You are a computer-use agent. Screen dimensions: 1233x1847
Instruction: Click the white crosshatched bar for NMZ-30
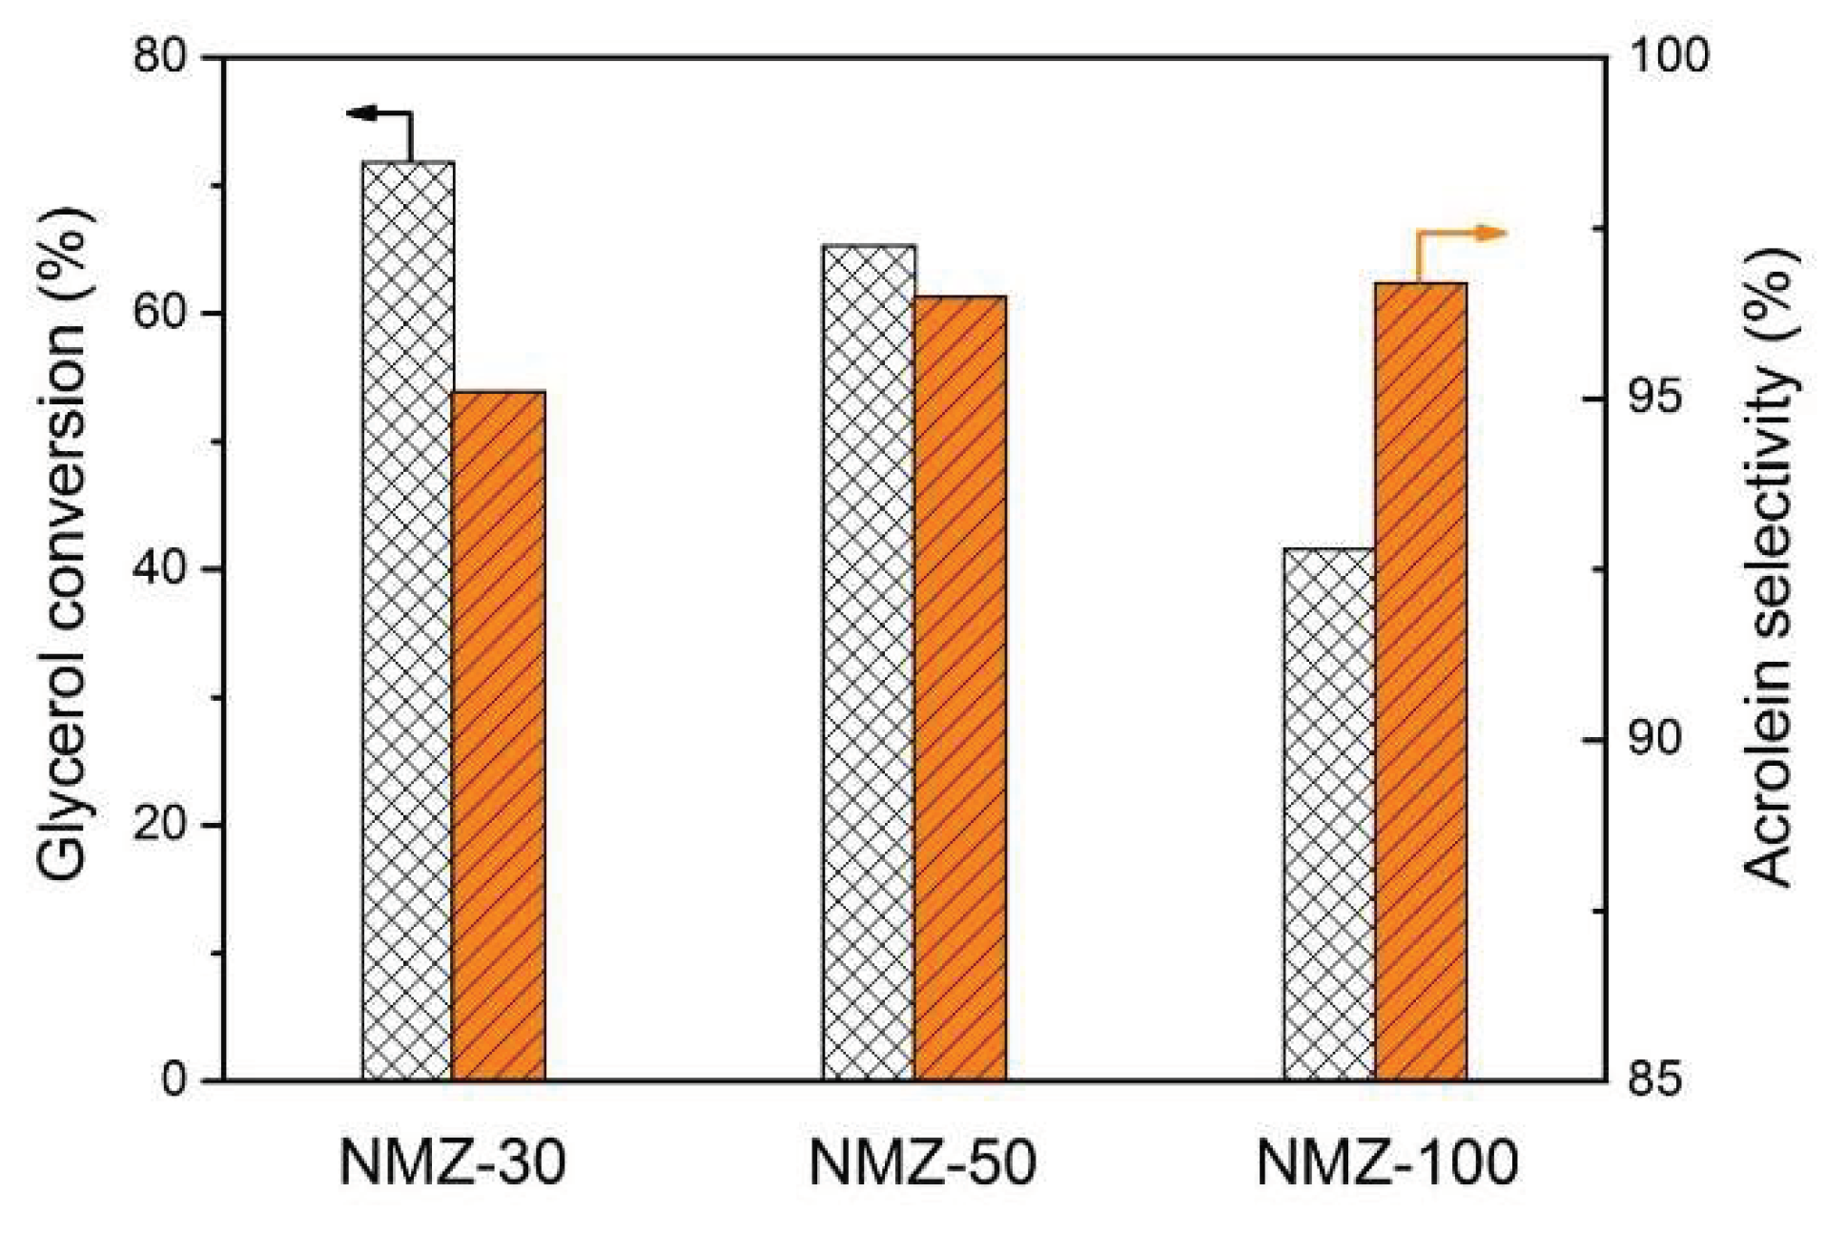tap(407, 620)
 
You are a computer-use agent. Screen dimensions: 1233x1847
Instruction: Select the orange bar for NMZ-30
tap(499, 734)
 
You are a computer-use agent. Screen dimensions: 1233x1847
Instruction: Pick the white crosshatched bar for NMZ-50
tap(868, 662)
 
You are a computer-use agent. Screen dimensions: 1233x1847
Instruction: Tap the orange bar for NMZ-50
tap(960, 687)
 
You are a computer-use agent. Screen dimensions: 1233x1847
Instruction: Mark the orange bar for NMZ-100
tap(1421, 681)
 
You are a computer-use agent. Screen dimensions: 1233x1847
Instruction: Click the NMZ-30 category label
tap(452, 1163)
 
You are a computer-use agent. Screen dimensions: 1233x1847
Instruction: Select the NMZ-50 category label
tap(922, 1163)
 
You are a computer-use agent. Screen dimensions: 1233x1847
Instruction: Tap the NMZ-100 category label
tap(1386, 1163)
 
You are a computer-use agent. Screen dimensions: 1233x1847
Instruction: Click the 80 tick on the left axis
tap(160, 57)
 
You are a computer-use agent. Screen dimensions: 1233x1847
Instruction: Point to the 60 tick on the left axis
tap(160, 313)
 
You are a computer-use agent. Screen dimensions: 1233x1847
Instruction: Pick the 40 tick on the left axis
tap(160, 569)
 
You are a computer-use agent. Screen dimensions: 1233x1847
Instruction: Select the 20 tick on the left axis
tap(160, 825)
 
